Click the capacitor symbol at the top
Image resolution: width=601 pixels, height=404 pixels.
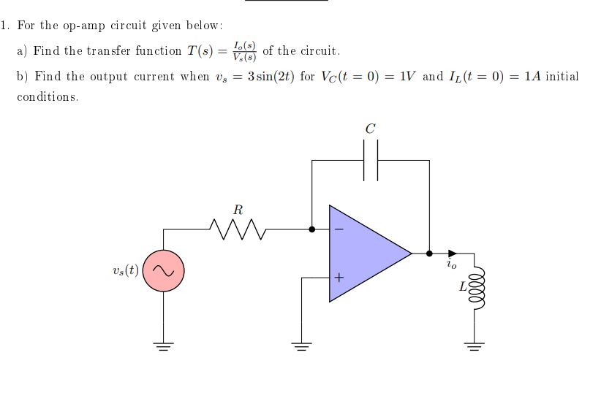(371, 160)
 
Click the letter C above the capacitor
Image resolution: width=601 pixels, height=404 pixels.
(370, 129)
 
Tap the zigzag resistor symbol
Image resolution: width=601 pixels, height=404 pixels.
(238, 229)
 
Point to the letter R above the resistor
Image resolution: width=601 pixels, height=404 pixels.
(238, 209)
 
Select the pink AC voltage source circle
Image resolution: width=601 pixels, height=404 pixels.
(163, 270)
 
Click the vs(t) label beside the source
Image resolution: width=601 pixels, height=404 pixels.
(122, 270)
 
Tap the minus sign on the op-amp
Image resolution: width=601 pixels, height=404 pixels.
(338, 229)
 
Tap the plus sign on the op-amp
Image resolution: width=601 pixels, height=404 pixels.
(338, 278)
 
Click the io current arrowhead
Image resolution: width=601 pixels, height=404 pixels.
(453, 253)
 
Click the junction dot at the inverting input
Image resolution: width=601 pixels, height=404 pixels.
(312, 229)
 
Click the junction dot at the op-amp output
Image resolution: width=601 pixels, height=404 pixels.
(429, 253)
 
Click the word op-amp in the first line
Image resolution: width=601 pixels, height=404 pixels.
(80, 26)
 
